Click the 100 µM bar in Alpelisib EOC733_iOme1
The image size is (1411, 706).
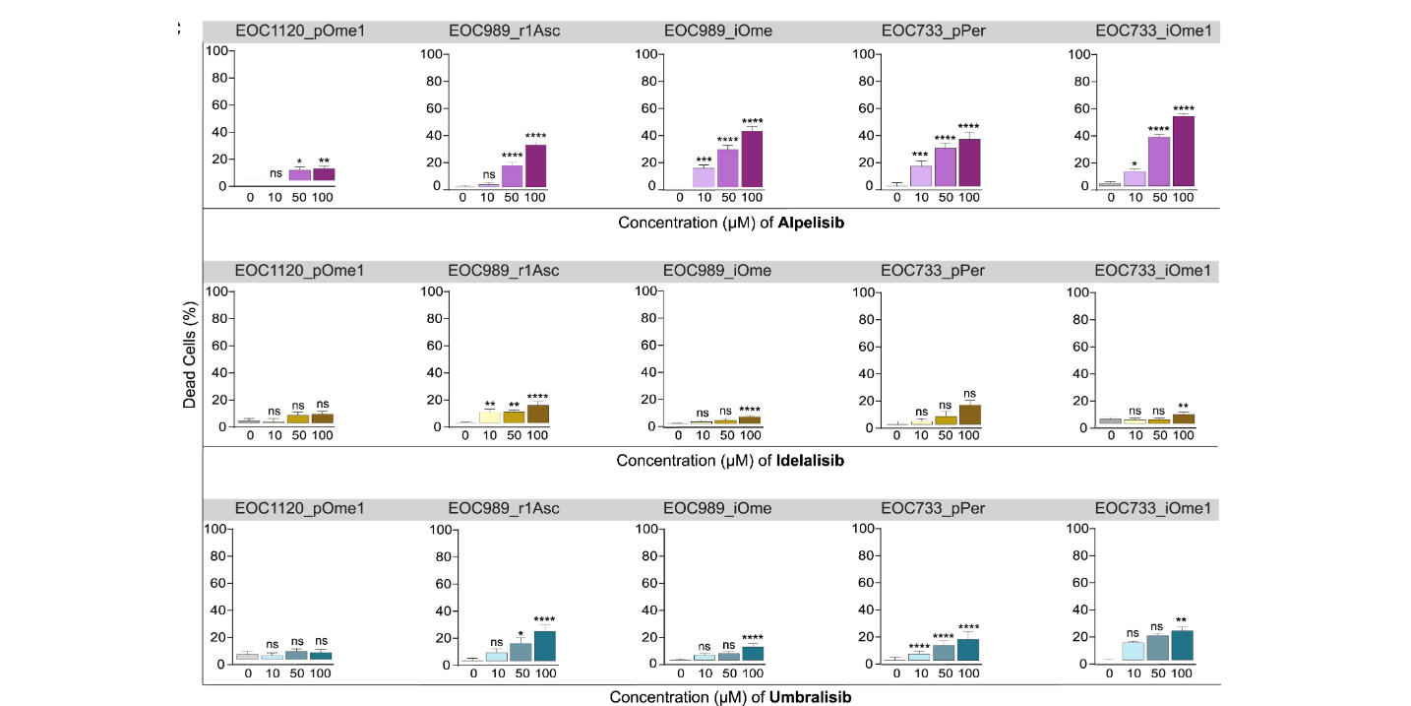(x=1184, y=151)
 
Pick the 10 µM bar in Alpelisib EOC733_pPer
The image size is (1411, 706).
(x=921, y=175)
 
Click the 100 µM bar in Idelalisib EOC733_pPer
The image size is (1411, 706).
(x=969, y=415)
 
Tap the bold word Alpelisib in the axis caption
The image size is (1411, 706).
(x=811, y=223)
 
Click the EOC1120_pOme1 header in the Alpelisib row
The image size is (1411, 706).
(x=300, y=31)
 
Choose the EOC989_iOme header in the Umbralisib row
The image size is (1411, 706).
(x=717, y=508)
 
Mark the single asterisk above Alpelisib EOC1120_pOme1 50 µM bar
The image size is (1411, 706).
(x=299, y=161)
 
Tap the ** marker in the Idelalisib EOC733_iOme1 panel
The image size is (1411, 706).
(x=1184, y=405)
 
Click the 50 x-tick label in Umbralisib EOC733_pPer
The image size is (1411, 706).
(x=945, y=674)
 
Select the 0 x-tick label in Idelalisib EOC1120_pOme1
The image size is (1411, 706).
(x=250, y=436)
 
